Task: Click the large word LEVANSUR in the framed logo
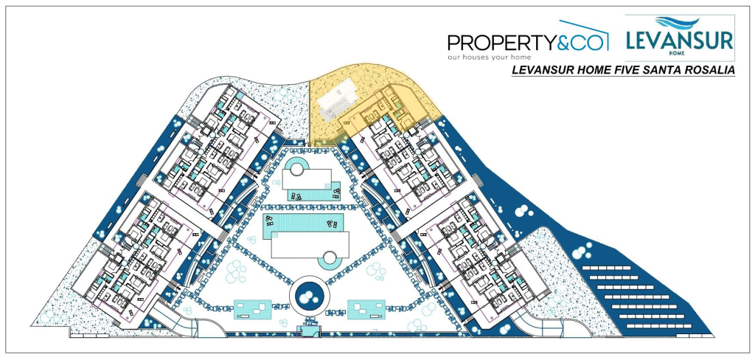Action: tap(679, 40)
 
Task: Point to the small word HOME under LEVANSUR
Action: tap(679, 52)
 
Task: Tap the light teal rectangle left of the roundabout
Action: tap(252, 309)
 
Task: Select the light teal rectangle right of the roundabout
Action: tap(366, 309)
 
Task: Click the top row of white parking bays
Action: tap(606, 268)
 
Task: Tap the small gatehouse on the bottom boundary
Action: tap(308, 330)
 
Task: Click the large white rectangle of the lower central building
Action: tap(310, 245)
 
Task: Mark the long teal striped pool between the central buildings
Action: tap(303, 226)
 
